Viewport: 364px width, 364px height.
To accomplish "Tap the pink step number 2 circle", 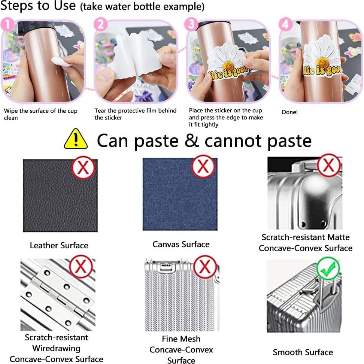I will point(100,25).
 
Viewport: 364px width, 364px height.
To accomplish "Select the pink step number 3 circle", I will point(191,25).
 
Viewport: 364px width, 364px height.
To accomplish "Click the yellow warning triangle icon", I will point(76,139).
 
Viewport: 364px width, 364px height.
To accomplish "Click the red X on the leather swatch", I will point(83,167).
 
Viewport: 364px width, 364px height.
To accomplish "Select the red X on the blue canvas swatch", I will point(203,166).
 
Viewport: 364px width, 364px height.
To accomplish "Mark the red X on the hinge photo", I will point(81,267).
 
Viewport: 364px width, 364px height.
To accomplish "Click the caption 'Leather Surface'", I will point(59,246).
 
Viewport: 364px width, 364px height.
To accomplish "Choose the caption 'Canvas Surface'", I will point(181,245).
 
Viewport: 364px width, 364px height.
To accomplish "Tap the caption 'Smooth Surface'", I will point(303,352).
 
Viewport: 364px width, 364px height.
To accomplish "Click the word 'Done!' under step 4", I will point(289,112).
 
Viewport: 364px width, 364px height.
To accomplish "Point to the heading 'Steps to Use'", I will point(38,6).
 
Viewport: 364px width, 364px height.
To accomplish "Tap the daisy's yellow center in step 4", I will point(322,63).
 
